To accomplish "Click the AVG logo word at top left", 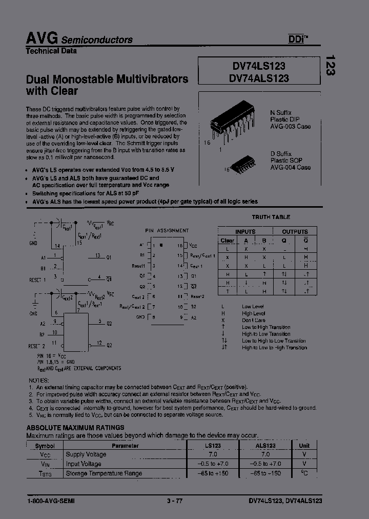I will [x=42, y=38].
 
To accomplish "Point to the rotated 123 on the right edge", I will [x=331, y=65].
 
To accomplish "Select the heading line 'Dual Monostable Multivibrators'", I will [x=107, y=79].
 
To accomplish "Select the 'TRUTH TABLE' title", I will [x=271, y=217].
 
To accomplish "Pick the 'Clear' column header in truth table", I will [x=227, y=240].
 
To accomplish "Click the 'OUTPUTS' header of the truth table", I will [x=295, y=232].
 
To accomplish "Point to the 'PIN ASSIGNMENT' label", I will [x=167, y=231].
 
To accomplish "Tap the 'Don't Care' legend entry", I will [x=254, y=320].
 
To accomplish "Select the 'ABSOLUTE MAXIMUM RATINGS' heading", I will [x=75, y=427].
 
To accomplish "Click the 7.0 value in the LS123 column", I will [x=213, y=454].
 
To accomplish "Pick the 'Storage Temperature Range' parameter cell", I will [x=104, y=473].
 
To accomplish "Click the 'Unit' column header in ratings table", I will [x=304, y=446].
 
